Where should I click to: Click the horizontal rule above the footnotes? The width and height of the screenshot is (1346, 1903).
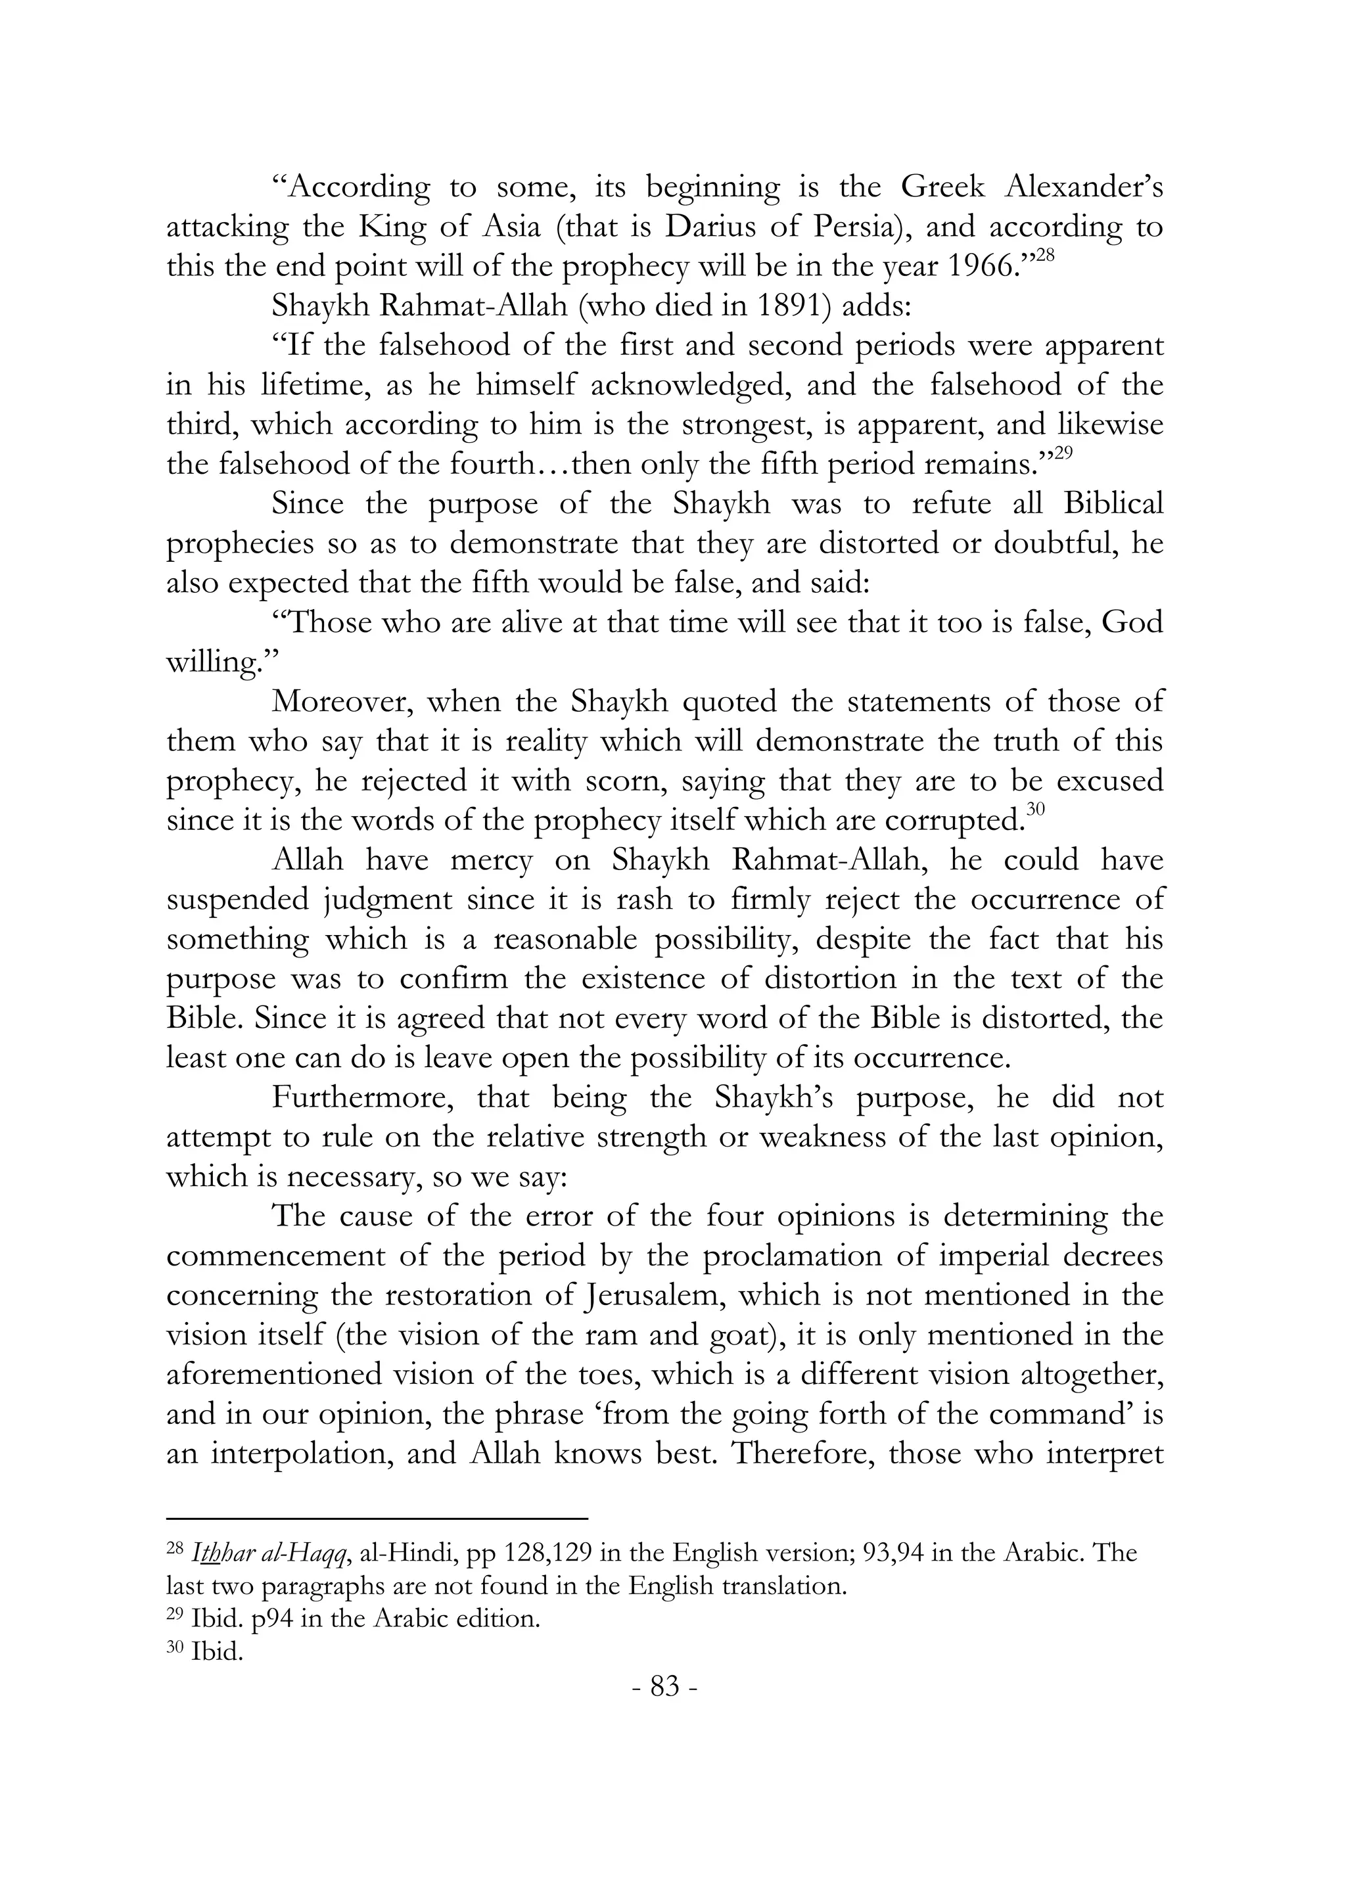(377, 1519)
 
